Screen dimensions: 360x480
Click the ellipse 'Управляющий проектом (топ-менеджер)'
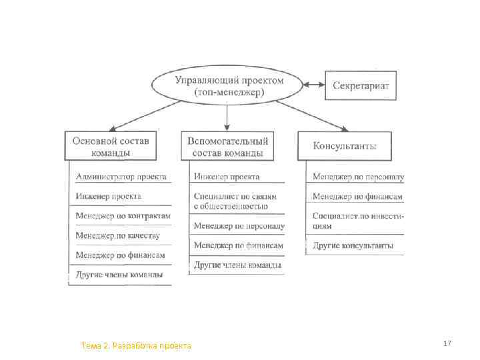229,85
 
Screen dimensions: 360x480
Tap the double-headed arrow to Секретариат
313,85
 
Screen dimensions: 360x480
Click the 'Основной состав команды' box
111,146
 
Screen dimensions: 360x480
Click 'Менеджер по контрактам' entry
123,216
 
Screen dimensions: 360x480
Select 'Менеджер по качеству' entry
117,235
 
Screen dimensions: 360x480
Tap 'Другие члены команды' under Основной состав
119,274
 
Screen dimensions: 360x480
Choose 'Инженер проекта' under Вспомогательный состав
227,177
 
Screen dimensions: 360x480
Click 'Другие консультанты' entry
353,245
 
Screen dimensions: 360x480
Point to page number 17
447,343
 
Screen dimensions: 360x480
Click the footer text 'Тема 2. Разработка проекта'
135,345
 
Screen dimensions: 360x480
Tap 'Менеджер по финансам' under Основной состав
120,255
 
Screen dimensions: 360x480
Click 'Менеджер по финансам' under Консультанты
358,197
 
